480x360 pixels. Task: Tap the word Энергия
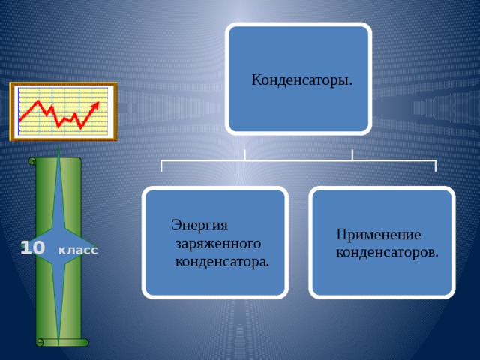click(x=199, y=224)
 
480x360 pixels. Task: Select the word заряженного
click(x=218, y=244)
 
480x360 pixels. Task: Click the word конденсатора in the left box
click(x=222, y=262)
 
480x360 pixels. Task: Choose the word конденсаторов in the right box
click(x=387, y=252)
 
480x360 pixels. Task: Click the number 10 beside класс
click(x=33, y=247)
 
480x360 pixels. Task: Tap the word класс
click(x=78, y=250)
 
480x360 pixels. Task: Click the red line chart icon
click(x=63, y=112)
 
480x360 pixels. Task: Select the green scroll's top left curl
click(x=31, y=161)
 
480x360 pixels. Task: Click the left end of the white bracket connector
click(x=162, y=166)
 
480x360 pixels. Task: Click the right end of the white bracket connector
click(x=435, y=166)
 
